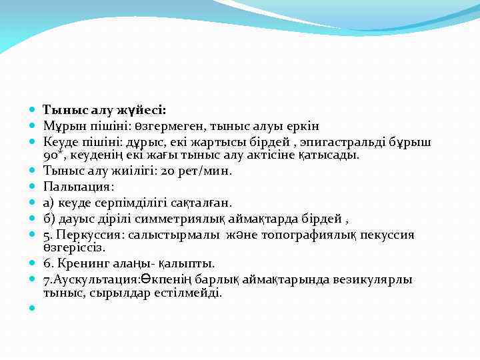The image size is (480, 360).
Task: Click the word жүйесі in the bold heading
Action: [143, 110]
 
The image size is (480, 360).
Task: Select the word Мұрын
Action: [61, 126]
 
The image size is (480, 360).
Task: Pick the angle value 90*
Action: [53, 155]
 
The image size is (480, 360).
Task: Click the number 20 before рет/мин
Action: [170, 171]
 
